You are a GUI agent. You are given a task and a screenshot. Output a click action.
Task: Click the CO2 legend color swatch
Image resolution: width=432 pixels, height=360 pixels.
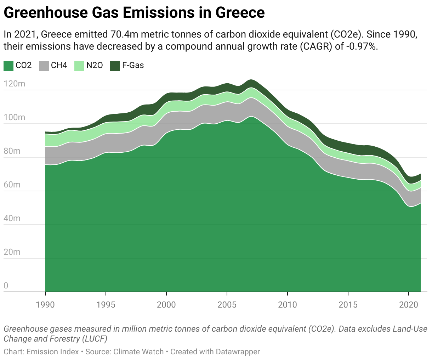(8, 66)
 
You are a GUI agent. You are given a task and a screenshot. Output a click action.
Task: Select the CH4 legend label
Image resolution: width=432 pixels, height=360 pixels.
(59, 66)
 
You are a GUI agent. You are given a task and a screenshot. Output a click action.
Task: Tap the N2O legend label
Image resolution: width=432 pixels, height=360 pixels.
(95, 66)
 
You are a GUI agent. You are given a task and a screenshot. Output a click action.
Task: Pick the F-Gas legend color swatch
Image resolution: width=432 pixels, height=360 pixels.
(115, 66)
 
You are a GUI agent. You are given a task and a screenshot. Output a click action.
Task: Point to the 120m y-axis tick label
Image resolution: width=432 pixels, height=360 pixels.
(15, 84)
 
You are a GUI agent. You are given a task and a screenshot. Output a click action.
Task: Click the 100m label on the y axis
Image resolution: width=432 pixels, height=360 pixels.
(15, 117)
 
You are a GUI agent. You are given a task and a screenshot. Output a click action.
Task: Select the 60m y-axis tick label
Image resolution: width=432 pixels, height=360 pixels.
(12, 185)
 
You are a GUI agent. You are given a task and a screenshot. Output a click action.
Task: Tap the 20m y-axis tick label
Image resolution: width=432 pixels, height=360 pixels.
(12, 252)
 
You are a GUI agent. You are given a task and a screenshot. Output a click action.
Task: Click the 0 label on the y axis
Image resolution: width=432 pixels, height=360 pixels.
(6, 286)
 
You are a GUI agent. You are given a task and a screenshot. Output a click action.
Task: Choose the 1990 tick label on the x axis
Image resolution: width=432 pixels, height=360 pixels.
(45, 305)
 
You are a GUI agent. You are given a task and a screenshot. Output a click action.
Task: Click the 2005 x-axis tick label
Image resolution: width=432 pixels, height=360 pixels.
(227, 305)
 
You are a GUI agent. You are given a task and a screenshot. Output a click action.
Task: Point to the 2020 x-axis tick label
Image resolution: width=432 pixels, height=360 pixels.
(409, 305)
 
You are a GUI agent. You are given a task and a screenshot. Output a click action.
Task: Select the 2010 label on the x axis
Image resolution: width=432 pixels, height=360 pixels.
(288, 305)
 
